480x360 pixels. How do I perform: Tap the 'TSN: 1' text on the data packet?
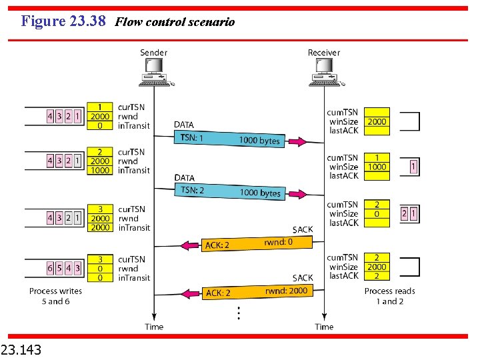pos(192,138)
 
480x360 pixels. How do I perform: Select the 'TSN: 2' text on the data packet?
pos(192,190)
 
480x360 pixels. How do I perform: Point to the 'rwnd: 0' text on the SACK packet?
pos(279,242)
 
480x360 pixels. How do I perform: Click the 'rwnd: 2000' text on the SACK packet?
pos(286,290)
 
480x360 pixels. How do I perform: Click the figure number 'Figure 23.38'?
pos(63,21)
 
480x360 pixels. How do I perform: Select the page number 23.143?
pos(21,348)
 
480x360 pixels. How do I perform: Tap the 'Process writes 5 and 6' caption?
pos(56,296)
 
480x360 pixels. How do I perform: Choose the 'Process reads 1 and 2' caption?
pos(389,296)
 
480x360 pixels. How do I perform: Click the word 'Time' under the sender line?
pos(154,327)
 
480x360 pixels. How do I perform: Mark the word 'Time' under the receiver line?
pos(324,327)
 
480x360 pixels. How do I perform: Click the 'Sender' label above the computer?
pos(153,53)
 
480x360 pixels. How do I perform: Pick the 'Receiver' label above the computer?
pos(323,53)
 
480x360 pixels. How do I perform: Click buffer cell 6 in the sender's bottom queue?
pos(50,268)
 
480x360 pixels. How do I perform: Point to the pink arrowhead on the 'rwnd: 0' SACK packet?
pos(193,245)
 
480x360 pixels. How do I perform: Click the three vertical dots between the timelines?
pos(239,311)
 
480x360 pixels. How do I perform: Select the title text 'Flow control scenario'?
pos(175,22)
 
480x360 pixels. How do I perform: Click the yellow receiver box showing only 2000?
pos(377,122)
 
